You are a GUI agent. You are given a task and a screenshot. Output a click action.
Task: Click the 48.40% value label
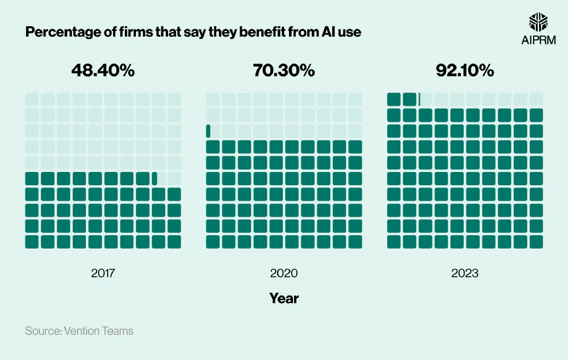[x=103, y=70]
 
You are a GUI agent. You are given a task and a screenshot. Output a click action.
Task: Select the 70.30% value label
[x=283, y=70]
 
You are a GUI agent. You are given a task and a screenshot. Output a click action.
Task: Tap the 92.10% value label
[x=465, y=70]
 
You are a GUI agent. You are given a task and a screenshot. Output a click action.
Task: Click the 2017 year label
[x=103, y=273]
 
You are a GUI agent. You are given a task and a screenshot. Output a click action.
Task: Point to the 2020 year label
[x=283, y=273]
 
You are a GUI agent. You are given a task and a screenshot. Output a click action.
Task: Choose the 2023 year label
[x=465, y=273]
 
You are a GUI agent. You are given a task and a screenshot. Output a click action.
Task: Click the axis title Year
[x=283, y=298]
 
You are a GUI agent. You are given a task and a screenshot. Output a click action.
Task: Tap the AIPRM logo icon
[x=538, y=22]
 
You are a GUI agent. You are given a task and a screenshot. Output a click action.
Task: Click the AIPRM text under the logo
[x=538, y=40]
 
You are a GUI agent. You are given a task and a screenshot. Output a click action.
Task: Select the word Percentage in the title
[x=61, y=32]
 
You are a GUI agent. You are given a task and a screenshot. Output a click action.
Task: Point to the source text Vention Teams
[x=99, y=331]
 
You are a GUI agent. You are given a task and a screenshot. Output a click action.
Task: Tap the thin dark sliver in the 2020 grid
[x=208, y=131]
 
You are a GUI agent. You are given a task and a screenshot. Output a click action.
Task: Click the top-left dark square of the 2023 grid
[x=394, y=99]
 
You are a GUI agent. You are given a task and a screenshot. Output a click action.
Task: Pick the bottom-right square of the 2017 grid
[x=174, y=242]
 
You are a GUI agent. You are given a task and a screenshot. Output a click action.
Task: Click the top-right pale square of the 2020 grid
[x=355, y=99]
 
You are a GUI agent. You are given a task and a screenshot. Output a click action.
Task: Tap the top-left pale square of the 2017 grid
[x=32, y=99]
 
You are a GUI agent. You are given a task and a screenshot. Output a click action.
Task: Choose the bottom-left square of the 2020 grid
[x=213, y=242]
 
